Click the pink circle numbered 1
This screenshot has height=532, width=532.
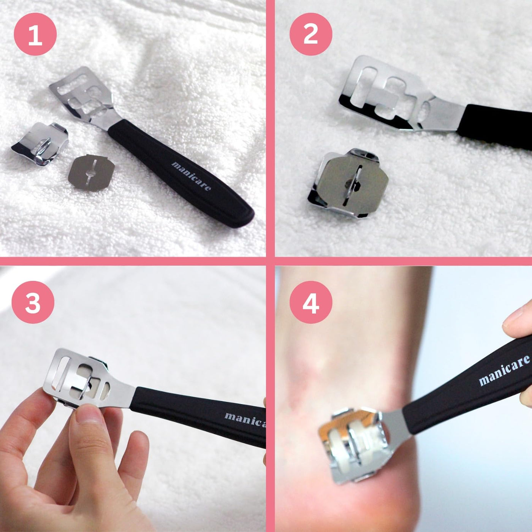click(x=35, y=35)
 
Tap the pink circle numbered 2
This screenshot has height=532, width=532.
click(x=311, y=35)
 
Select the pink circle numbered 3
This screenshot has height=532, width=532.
click(x=33, y=302)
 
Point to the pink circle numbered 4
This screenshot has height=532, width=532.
click(x=311, y=302)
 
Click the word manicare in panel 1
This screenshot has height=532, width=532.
click(x=191, y=176)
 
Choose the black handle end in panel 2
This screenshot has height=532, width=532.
click(x=496, y=127)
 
